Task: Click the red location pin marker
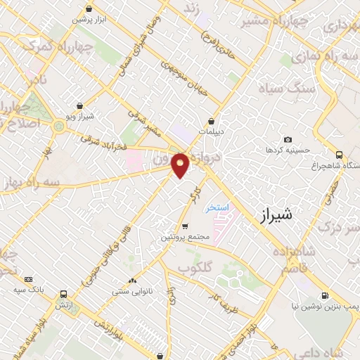181,165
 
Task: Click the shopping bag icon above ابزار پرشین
89,9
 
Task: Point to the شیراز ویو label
90,115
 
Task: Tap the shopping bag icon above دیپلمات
211,121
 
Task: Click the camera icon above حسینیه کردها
287,141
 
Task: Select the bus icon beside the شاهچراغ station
340,155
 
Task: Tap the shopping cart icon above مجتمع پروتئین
185,226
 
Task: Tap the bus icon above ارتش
64,295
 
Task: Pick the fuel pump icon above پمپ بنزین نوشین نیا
324,296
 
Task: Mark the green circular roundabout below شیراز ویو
58,126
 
